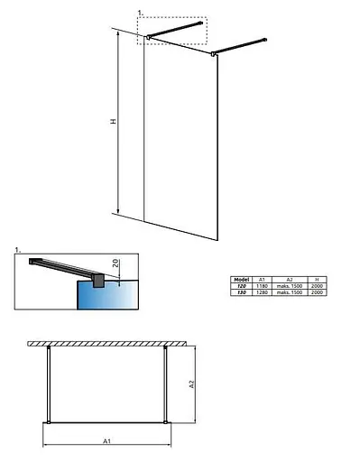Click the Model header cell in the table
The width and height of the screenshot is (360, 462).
coord(241,280)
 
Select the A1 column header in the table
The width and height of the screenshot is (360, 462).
coord(261,280)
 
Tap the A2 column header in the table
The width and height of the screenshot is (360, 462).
coord(288,280)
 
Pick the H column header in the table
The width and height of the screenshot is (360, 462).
coord(315,280)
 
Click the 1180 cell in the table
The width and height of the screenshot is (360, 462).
coord(261,286)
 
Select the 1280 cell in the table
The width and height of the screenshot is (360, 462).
coord(261,292)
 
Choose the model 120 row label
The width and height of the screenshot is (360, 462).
coord(241,286)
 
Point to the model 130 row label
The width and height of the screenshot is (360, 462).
coord(241,292)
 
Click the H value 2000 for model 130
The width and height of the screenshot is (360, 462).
coord(315,292)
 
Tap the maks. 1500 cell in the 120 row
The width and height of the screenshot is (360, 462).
coord(288,286)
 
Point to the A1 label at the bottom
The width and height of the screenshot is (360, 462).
coord(106,441)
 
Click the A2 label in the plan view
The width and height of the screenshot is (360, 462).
coord(191,383)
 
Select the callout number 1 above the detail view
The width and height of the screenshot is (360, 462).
coord(18,248)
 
